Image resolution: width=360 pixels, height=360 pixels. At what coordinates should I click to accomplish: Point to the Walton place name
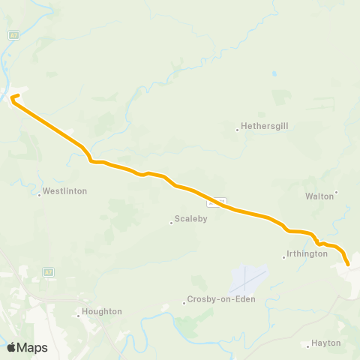[x=319, y=196]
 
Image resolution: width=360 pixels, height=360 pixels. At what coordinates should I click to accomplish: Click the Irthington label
[x=307, y=253]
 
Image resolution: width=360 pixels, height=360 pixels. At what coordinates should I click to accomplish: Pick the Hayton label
[x=328, y=343]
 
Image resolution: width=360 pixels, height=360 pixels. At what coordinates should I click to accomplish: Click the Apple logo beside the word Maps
[x=12, y=347]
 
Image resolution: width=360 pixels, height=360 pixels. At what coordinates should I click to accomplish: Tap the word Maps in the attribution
[x=33, y=347]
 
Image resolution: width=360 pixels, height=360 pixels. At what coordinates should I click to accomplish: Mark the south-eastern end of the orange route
[x=348, y=263]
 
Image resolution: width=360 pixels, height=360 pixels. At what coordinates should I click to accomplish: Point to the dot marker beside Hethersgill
[x=238, y=129]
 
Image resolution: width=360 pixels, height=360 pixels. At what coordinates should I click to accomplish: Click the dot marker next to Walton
[x=337, y=192]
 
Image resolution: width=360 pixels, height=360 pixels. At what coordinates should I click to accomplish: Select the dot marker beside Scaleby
[x=171, y=220]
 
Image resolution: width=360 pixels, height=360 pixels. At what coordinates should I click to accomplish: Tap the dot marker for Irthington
[x=283, y=257]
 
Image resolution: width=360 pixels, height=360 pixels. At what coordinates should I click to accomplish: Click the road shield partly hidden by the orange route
[x=217, y=202]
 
